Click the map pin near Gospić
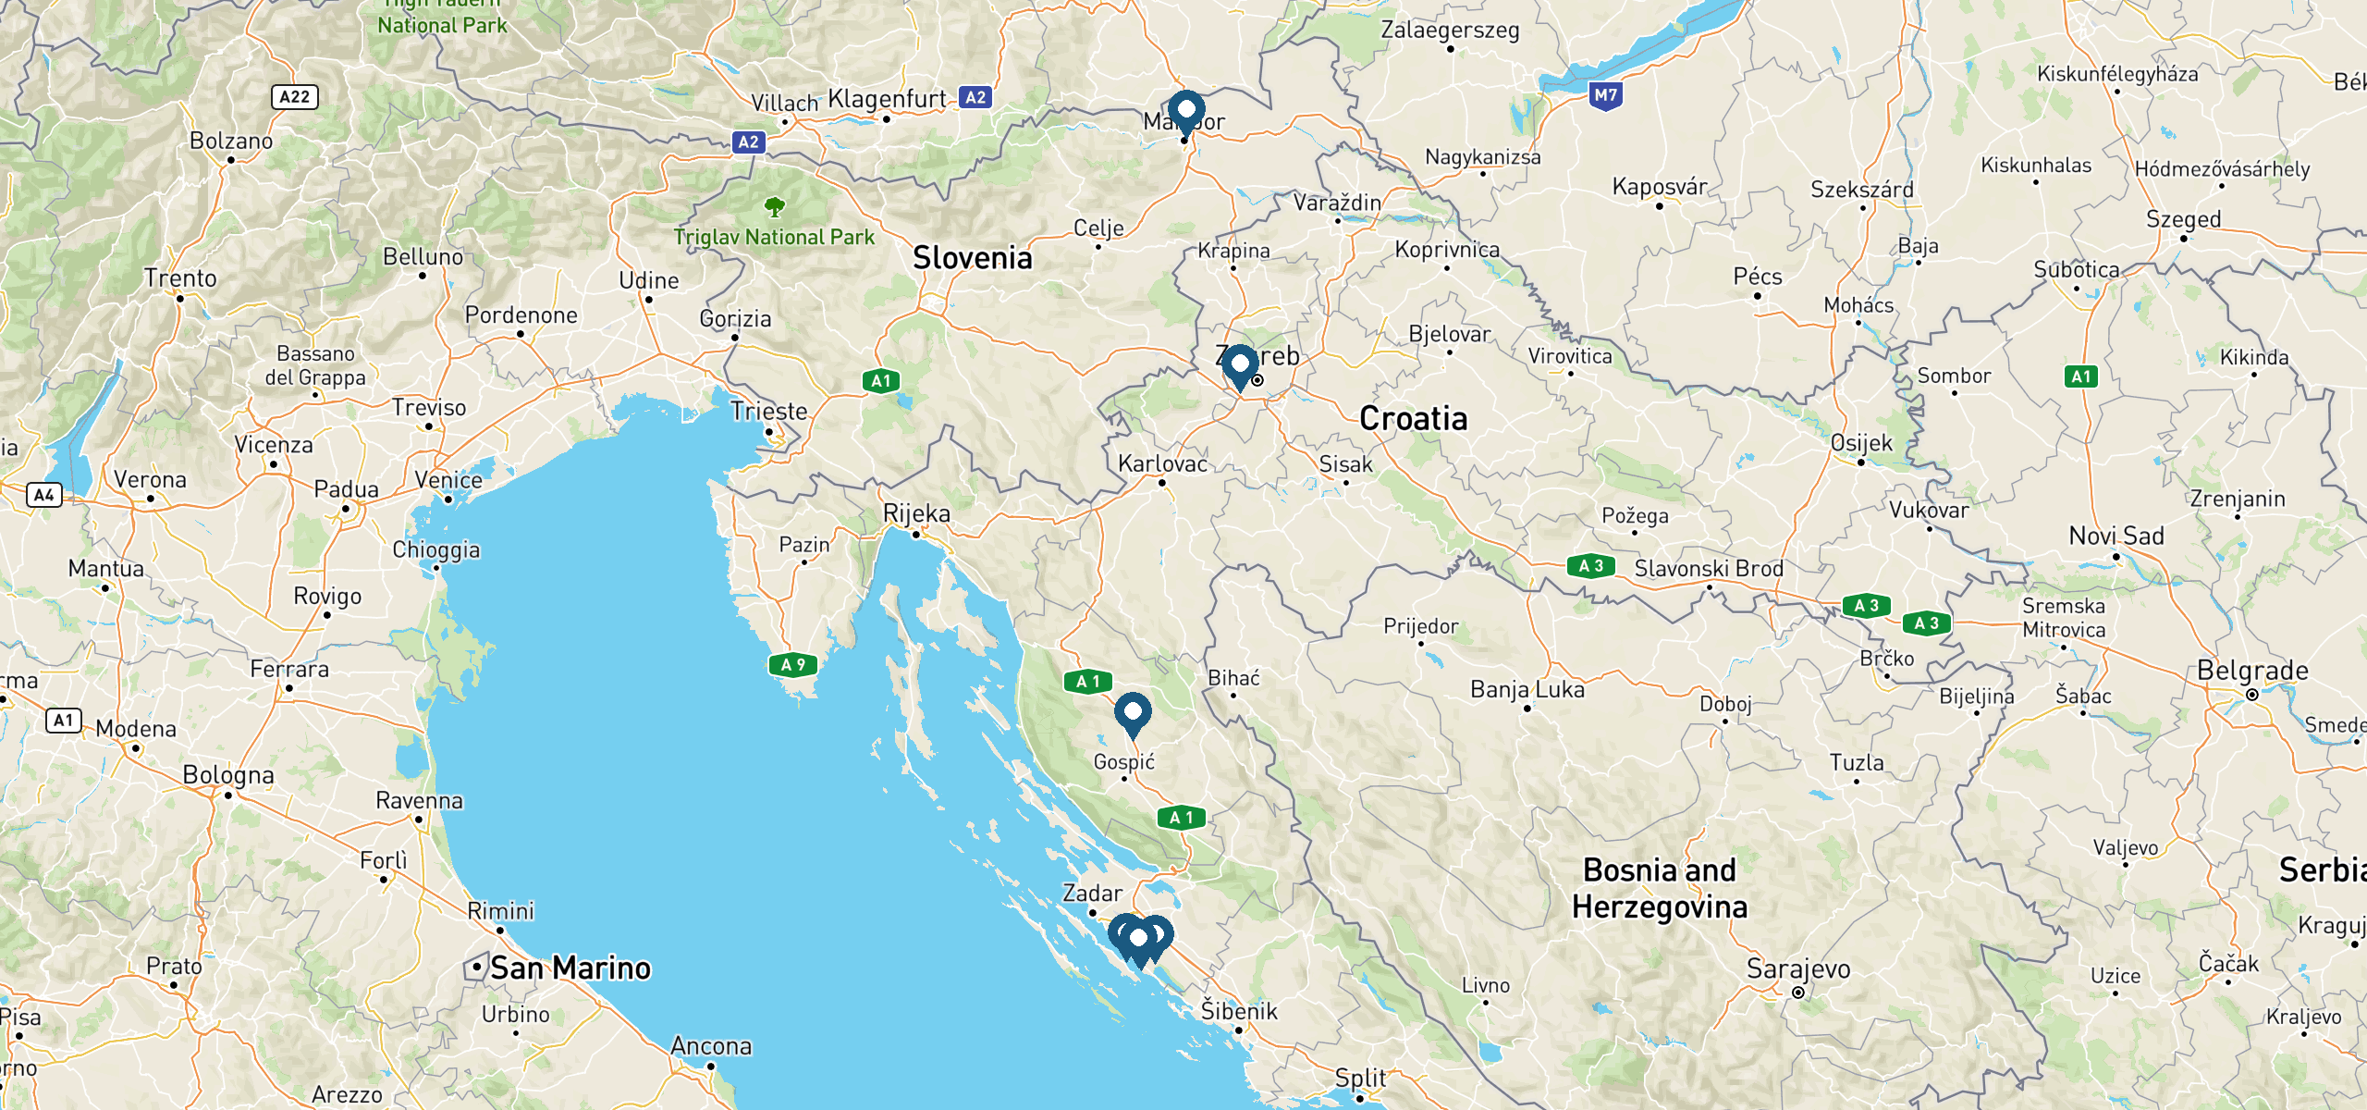[1132, 712]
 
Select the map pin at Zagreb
[1240, 364]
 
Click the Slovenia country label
[972, 258]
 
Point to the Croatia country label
[1413, 419]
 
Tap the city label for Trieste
[768, 411]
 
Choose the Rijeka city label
[915, 513]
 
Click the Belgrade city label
[2251, 671]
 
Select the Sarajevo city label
[1797, 968]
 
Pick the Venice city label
[448, 480]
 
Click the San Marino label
[570, 968]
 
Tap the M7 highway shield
[1606, 95]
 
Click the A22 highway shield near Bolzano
[294, 97]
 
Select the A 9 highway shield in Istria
[792, 664]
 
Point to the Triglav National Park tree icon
[774, 206]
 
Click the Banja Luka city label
[1527, 689]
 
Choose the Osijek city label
[1861, 443]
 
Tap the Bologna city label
[228, 775]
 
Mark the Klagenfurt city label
[887, 99]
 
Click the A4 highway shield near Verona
[43, 495]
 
